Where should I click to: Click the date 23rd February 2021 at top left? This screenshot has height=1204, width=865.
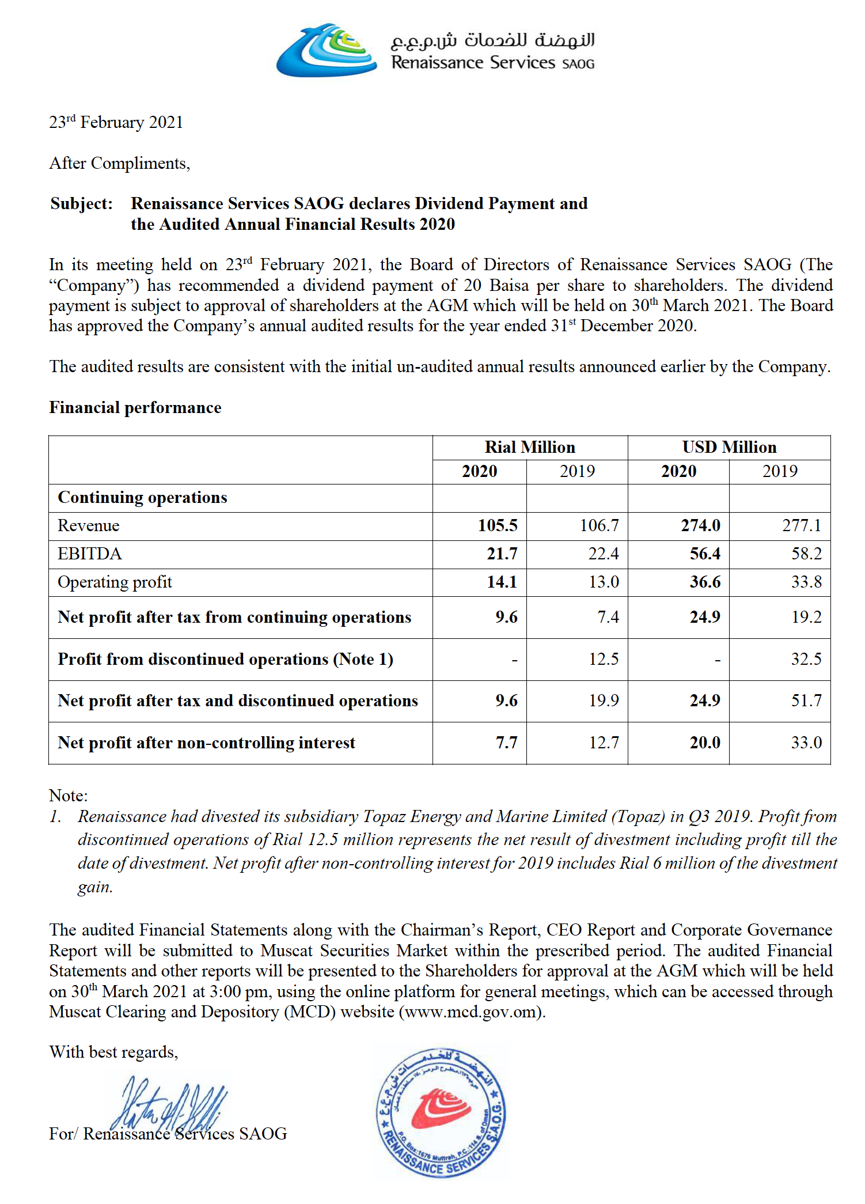coord(116,122)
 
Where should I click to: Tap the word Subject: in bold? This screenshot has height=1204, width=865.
coord(81,203)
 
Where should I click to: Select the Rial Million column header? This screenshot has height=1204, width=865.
coord(530,447)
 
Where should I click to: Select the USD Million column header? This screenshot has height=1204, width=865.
coord(729,447)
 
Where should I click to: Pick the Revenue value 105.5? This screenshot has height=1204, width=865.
coord(498,525)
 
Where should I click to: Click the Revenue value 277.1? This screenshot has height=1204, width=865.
coord(802,525)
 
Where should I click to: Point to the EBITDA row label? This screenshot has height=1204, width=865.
coord(90,554)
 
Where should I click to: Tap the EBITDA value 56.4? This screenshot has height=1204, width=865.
coord(705,554)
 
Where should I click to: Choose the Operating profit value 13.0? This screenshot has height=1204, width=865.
coord(604,582)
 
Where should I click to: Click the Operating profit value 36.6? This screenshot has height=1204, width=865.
coord(705,582)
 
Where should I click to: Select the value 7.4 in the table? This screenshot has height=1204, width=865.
coord(608,617)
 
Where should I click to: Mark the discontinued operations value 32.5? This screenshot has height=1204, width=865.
coord(806,659)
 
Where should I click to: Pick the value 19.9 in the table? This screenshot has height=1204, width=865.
coord(604,701)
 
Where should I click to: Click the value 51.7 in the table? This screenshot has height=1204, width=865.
coord(806,701)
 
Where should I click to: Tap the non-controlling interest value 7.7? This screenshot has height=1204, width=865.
coord(507,743)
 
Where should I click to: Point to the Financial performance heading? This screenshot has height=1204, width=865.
coord(135,407)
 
